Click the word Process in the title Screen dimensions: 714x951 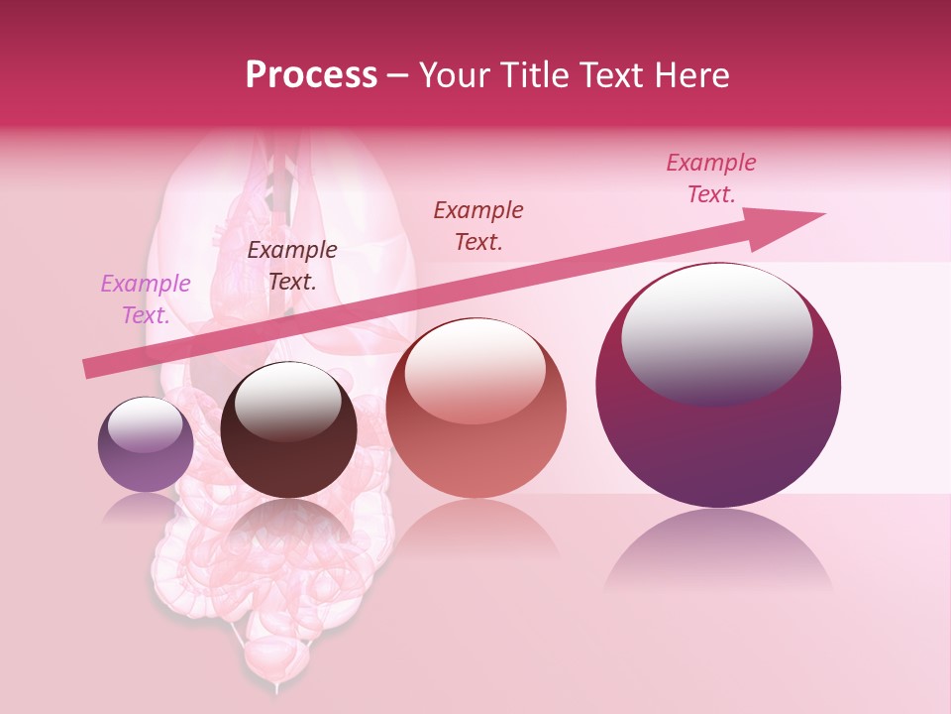[311, 75]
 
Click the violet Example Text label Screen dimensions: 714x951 [146, 299]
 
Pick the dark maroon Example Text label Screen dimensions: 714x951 [292, 266]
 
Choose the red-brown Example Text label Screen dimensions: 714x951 [478, 226]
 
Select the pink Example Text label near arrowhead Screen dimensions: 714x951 [711, 178]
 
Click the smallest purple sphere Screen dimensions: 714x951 [146, 461]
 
